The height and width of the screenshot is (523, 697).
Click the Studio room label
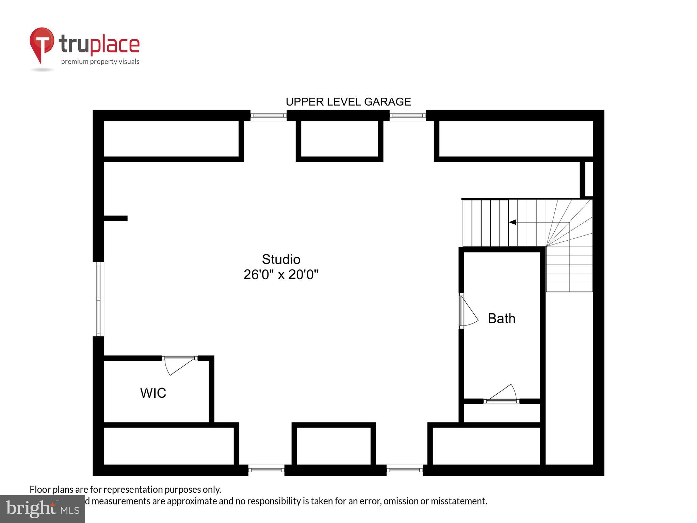click(281, 259)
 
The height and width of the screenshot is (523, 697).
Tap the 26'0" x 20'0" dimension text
click(281, 274)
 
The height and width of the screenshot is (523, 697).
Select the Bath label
click(501, 319)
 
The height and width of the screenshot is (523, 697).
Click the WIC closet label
click(153, 393)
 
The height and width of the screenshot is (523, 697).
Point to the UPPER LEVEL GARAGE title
click(348, 102)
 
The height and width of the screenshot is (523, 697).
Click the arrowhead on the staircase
click(512, 222)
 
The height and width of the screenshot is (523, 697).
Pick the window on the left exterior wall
click(98, 299)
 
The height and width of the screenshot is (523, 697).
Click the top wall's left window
click(269, 115)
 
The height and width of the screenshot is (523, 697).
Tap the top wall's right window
click(407, 115)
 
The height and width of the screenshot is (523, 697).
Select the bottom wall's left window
click(266, 470)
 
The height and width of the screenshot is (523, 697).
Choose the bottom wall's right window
click(404, 470)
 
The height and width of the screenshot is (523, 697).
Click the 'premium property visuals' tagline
click(100, 62)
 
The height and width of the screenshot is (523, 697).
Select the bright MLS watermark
click(42, 509)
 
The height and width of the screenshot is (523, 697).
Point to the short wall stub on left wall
click(115, 218)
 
